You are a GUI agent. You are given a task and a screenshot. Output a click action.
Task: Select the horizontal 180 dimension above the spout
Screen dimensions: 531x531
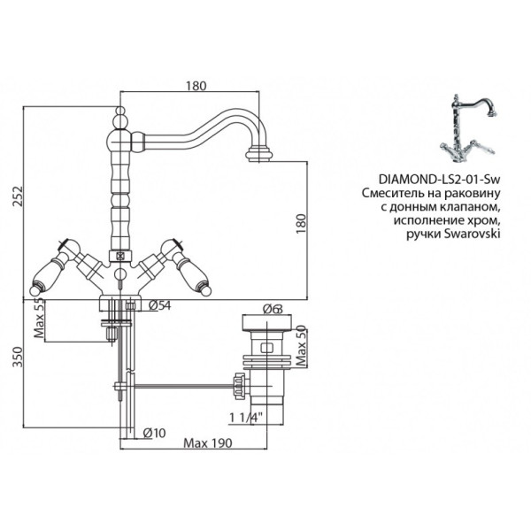click(x=196, y=86)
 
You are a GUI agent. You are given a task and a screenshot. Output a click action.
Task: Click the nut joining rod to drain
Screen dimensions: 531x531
click(x=237, y=385)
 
